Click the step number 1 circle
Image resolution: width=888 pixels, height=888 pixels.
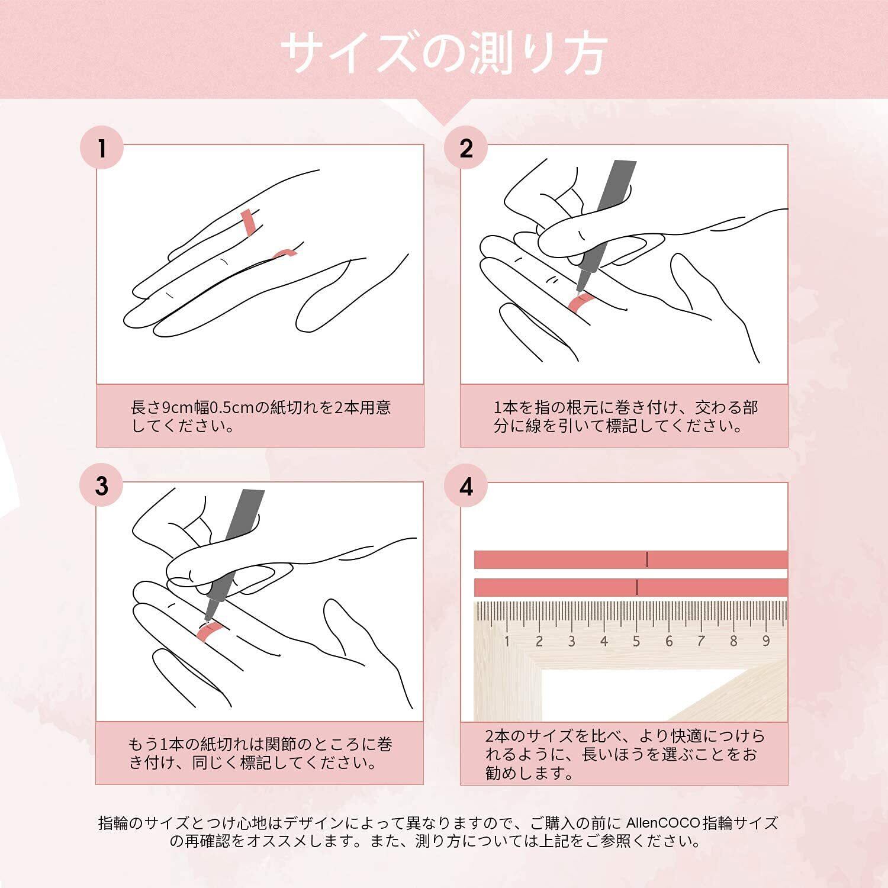(x=102, y=148)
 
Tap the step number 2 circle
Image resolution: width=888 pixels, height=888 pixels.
(x=466, y=148)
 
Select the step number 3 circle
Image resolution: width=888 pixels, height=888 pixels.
(x=102, y=486)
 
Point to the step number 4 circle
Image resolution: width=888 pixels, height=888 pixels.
(x=466, y=486)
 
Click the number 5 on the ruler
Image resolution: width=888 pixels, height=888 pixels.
(x=636, y=641)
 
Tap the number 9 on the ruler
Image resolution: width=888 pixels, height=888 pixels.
(x=766, y=641)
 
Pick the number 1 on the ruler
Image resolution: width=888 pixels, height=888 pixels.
(x=507, y=641)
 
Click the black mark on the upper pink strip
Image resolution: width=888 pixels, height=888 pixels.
(x=647, y=559)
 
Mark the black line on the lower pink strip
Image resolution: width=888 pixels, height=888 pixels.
(x=637, y=587)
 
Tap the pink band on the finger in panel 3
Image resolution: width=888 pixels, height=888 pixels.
(x=208, y=632)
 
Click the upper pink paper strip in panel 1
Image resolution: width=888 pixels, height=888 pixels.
(x=248, y=221)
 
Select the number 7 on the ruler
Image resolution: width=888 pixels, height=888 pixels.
(x=701, y=641)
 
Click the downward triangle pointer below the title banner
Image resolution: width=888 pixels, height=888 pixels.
(x=444, y=111)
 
